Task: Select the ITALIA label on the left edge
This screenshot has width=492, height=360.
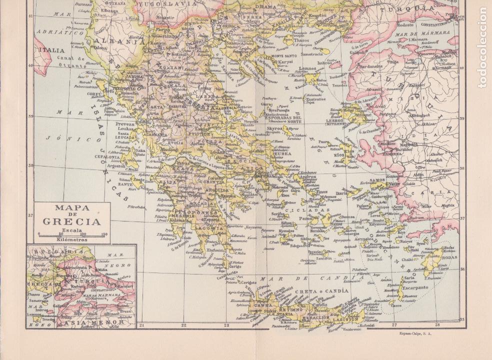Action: pos(52,50)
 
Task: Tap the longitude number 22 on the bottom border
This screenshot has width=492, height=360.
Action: pos(183,325)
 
